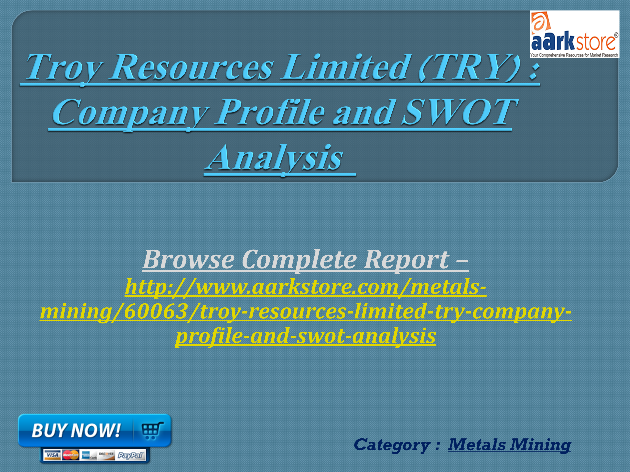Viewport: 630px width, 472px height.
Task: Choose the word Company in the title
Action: (x=130, y=114)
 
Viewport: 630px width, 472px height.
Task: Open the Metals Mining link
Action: (x=509, y=445)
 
